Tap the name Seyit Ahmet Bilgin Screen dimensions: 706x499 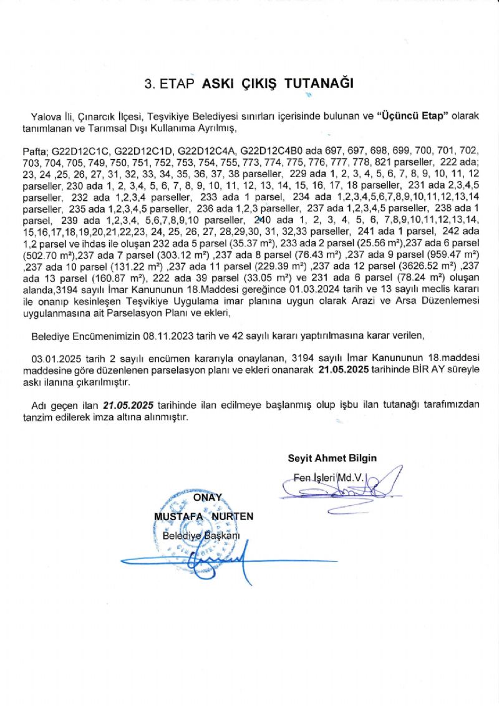coord(332,458)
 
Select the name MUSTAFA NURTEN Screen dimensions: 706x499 coord(203,517)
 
